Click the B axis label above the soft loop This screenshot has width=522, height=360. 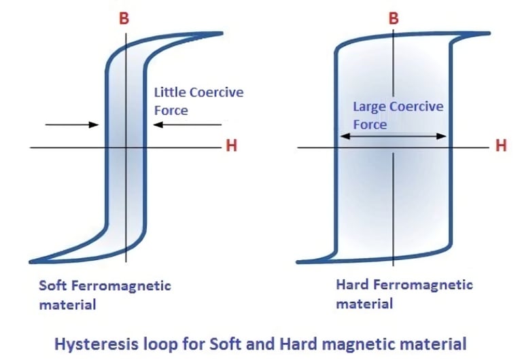coord(124,19)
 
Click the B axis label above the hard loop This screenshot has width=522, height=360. coord(393,19)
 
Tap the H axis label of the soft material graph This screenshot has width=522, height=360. coord(231,146)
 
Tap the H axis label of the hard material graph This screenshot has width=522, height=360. coord(502,145)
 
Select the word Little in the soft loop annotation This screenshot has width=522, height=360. coord(169,92)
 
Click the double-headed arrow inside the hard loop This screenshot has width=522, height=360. coord(393,136)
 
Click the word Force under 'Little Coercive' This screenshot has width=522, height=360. coord(171,110)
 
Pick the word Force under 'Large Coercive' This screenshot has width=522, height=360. coord(370,124)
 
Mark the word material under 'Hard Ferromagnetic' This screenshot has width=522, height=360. coord(364,303)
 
